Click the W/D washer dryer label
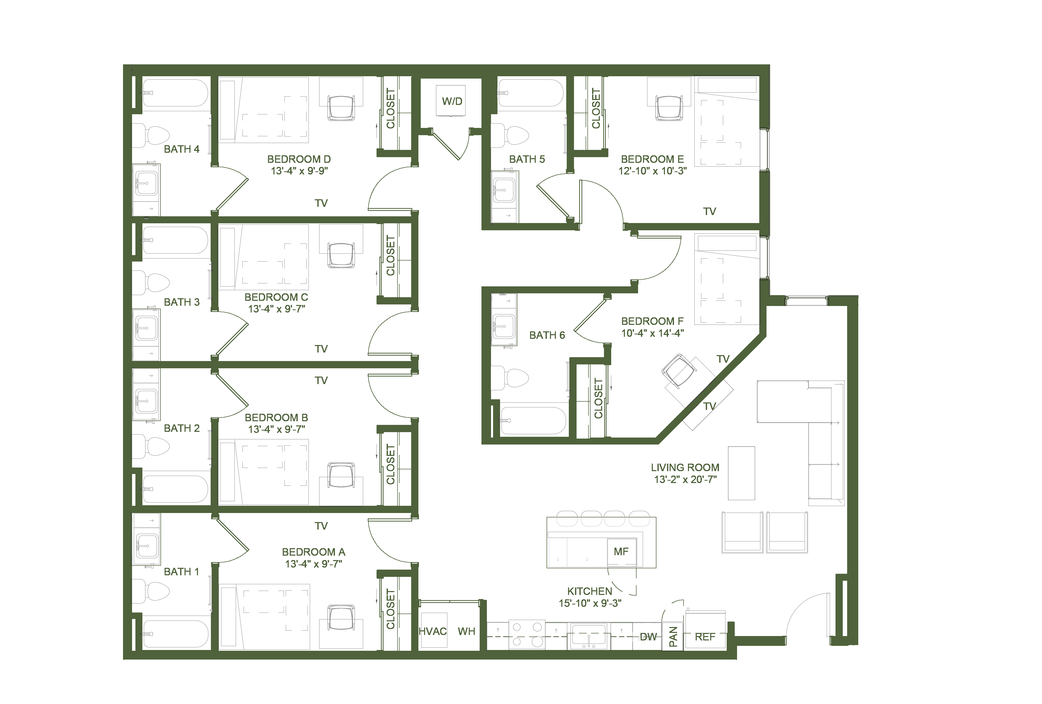[x=452, y=101]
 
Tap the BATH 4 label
[x=182, y=149]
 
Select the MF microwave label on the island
[x=621, y=552]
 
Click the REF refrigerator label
[x=705, y=637]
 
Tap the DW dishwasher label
[x=648, y=637]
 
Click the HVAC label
[x=433, y=631]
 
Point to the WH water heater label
[x=466, y=631]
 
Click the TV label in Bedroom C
[x=321, y=349]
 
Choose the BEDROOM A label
[x=313, y=552]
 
